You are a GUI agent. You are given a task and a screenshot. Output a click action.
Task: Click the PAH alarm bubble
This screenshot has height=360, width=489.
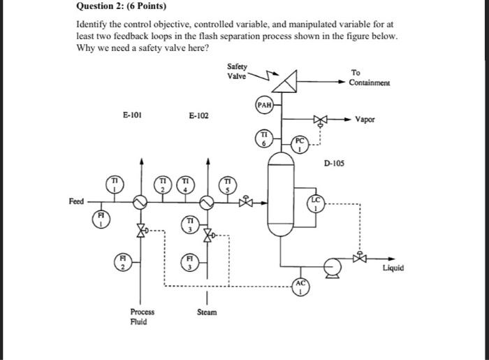click(264, 105)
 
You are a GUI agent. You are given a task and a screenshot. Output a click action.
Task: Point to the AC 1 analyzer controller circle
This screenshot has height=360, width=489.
click(300, 288)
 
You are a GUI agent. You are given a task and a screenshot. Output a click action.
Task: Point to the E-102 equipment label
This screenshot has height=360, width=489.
click(198, 115)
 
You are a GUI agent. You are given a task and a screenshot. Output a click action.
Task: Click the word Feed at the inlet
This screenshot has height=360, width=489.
click(76, 201)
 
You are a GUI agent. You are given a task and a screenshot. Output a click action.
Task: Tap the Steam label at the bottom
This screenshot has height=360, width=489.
click(207, 312)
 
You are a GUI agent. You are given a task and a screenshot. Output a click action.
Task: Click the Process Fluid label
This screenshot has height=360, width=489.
click(142, 317)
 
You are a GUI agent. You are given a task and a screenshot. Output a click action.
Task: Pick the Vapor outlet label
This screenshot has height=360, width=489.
click(384, 120)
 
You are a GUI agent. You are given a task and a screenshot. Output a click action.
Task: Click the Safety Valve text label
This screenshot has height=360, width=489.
click(237, 71)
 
